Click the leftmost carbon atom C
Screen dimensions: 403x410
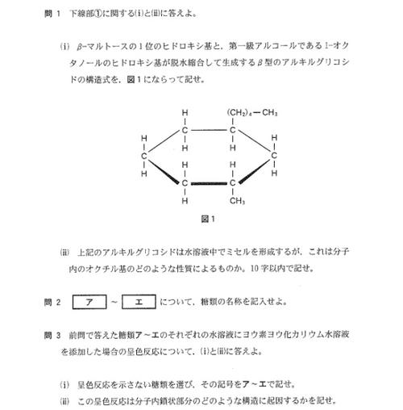(143, 156)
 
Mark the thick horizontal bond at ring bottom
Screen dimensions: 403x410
(209, 183)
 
